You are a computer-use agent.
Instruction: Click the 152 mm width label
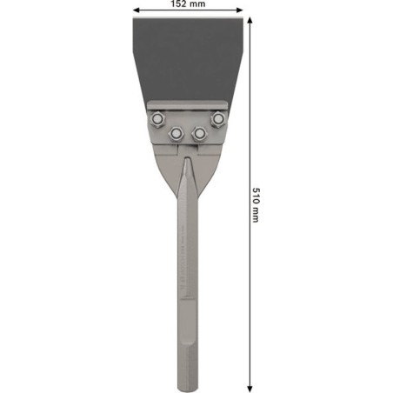click(x=187, y=5)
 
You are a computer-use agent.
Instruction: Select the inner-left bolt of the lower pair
click(x=176, y=132)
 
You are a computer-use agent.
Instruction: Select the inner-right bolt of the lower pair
click(x=199, y=132)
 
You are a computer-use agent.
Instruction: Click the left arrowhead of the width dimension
click(x=135, y=12)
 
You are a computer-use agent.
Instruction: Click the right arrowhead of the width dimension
click(x=241, y=12)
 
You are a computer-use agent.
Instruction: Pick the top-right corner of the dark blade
click(x=242, y=20)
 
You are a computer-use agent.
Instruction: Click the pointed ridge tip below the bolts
click(x=187, y=158)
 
